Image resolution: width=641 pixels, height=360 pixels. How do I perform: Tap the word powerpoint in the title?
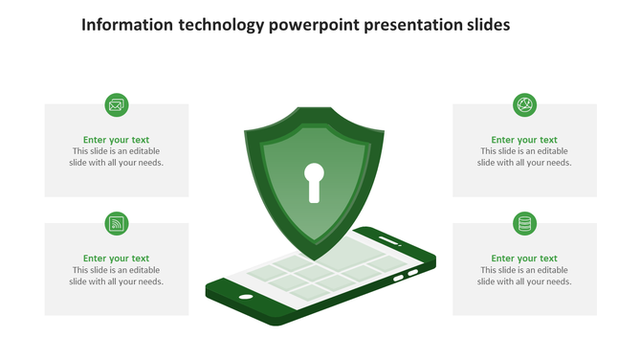point(313,26)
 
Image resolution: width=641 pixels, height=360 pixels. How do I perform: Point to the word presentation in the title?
point(410,26)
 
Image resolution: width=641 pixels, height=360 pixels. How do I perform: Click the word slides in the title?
point(487,25)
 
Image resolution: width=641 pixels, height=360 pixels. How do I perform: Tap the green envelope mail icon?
point(117,105)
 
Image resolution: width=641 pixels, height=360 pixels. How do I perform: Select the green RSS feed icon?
point(117,224)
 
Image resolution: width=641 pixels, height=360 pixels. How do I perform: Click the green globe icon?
point(524,105)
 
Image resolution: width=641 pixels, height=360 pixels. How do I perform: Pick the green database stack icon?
point(524,224)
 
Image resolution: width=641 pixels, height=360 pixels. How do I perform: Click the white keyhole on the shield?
point(314,181)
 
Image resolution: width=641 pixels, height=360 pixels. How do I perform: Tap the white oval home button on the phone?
point(246,297)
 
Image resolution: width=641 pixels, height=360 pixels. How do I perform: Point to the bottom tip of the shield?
point(312,259)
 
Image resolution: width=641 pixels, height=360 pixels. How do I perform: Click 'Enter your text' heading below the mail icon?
point(116,140)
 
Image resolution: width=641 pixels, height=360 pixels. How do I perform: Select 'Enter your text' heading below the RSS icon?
point(116,259)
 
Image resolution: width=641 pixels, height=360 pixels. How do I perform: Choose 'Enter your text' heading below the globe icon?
point(524,140)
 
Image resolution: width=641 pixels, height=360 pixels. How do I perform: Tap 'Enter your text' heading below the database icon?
point(524,259)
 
